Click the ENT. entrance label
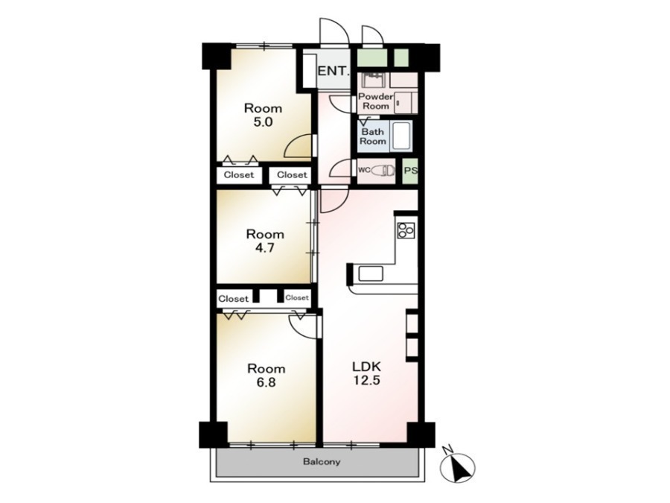pyautogui.click(x=334, y=71)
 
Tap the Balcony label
pyautogui.click(x=322, y=462)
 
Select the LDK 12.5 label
pyautogui.click(x=366, y=373)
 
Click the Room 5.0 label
pyautogui.click(x=264, y=115)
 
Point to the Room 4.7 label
pyautogui.click(x=265, y=241)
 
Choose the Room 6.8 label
pyautogui.click(x=267, y=375)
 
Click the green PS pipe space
pyautogui.click(x=411, y=171)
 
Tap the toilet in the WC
pyautogui.click(x=383, y=171)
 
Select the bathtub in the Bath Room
pyautogui.click(x=401, y=136)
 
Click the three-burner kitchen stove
pyautogui.click(x=406, y=230)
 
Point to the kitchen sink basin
pyautogui.click(x=371, y=273)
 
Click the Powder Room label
pyautogui.click(x=375, y=101)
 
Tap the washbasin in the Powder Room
pyautogui.click(x=374, y=80)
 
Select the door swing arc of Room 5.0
pyautogui.click(x=298, y=145)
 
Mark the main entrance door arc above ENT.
pyautogui.click(x=334, y=30)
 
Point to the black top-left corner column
pyautogui.click(x=217, y=56)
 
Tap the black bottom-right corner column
pyautogui.click(x=421, y=435)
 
